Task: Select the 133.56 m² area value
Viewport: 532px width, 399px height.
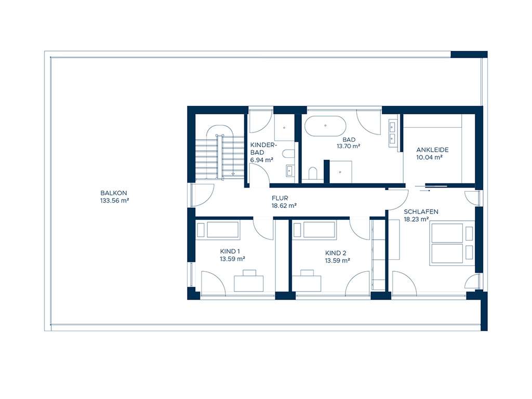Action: click(114, 200)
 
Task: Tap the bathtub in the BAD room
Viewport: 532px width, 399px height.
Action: click(325, 126)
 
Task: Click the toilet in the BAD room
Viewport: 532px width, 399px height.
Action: click(312, 172)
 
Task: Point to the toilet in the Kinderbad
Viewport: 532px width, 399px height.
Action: click(289, 153)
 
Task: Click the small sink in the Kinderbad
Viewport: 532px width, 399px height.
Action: click(289, 170)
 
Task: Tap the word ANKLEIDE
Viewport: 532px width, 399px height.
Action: click(432, 150)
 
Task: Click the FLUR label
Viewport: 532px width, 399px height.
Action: click(280, 198)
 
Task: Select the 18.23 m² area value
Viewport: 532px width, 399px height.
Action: click(416, 219)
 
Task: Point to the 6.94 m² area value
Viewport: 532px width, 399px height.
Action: click(262, 160)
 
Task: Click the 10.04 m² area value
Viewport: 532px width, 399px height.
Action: click(429, 157)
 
